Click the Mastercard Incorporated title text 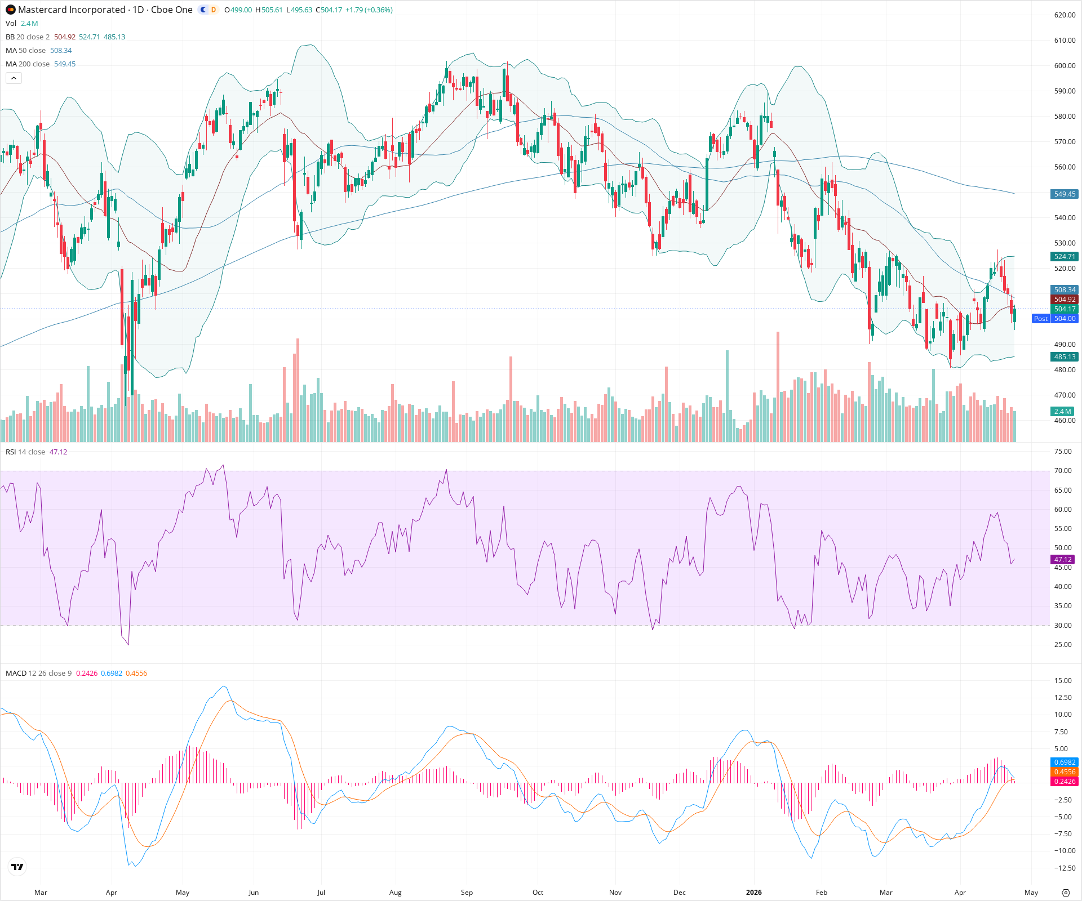click(x=72, y=10)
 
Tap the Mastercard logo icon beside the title click(x=10, y=10)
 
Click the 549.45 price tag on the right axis click(x=1065, y=194)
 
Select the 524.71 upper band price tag click(x=1065, y=257)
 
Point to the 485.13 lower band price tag click(x=1065, y=357)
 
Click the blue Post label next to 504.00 click(x=1040, y=319)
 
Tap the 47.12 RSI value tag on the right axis click(x=1062, y=560)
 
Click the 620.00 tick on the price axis click(x=1065, y=15)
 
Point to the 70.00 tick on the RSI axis click(x=1063, y=471)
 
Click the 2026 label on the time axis click(x=753, y=893)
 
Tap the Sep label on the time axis click(x=467, y=893)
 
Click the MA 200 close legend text click(x=28, y=64)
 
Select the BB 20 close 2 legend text click(x=28, y=37)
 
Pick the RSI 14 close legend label click(x=25, y=452)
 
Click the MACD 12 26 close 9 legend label click(x=38, y=673)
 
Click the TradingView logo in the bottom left click(x=17, y=867)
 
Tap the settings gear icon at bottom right click(x=1065, y=893)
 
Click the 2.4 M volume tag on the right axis click(x=1063, y=412)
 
